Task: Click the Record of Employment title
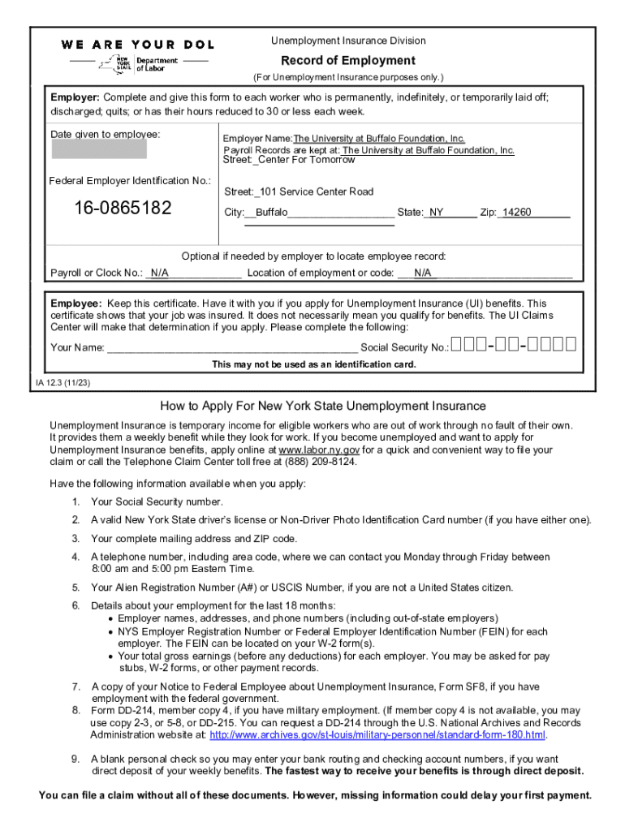tap(347, 61)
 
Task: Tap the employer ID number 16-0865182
tap(123, 209)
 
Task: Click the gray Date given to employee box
tap(100, 149)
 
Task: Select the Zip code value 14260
tap(516, 213)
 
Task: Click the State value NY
tap(437, 213)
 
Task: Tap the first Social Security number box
tap(457, 345)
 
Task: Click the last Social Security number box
tap(571, 345)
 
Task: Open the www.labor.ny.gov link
tap(319, 450)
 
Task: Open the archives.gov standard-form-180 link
tap(377, 735)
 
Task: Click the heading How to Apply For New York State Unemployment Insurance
tap(323, 406)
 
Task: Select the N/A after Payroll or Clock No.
tap(158, 273)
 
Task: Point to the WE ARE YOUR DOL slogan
tap(137, 44)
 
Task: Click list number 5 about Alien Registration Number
tap(75, 588)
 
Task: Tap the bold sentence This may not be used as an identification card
tap(314, 364)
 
